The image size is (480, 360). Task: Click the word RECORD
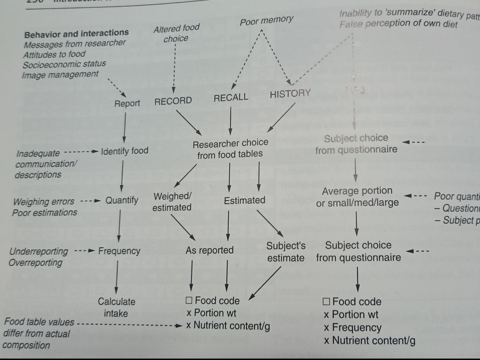[173, 101]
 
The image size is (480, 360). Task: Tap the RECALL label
[231, 97]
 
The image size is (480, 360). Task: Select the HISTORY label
[290, 94]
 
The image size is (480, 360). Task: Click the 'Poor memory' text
[267, 21]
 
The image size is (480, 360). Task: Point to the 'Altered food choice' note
[176, 34]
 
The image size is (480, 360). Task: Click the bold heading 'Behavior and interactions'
[76, 33]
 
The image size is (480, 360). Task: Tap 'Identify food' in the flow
[124, 151]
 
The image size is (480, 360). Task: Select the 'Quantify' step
[122, 201]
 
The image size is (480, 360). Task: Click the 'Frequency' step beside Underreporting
[119, 251]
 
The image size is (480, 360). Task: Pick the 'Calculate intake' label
[116, 307]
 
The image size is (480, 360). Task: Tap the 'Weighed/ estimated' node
[172, 202]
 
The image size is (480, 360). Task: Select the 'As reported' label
[210, 250]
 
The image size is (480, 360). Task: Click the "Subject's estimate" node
[286, 252]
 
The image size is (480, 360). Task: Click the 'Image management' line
[61, 75]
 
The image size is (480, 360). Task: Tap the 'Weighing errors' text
[44, 202]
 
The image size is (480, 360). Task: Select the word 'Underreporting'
[38, 251]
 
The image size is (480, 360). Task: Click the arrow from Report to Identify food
[124, 127]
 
